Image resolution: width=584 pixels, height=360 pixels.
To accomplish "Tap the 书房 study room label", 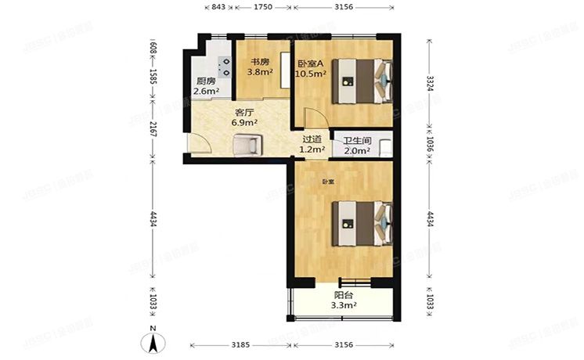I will click(260, 61).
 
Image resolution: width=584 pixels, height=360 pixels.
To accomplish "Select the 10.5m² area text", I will click(308, 74).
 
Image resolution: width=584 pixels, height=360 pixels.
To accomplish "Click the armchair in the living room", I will click(247, 144).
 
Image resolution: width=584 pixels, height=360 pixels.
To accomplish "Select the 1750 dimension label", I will click(262, 7).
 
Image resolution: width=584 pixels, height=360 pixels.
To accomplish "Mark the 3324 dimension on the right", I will click(430, 82).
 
